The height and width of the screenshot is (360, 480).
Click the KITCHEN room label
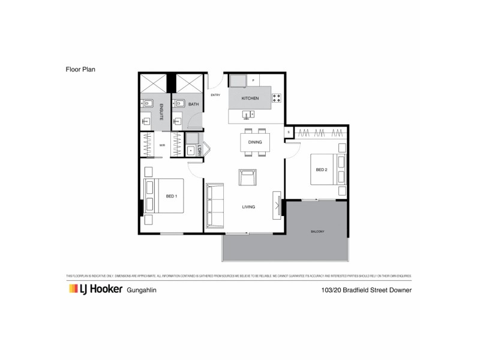[250, 98]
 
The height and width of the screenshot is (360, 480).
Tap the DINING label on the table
[254, 142]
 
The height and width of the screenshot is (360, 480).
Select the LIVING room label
[249, 207]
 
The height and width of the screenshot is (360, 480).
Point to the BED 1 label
[172, 196]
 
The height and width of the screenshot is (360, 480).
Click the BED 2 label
[321, 170]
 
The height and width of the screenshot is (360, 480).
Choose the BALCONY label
[317, 231]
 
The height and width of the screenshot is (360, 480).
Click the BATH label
[193, 104]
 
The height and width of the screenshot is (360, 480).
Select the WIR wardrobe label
[162, 145]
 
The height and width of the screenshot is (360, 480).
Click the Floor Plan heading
[81, 69]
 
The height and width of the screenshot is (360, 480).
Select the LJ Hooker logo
[92, 290]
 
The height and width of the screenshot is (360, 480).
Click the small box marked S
[289, 132]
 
